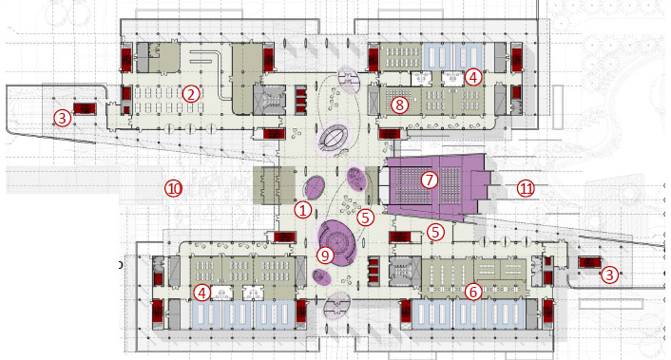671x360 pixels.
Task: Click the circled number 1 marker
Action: [303, 210]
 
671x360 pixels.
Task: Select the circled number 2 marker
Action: [191, 94]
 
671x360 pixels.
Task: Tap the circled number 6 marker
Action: [473, 292]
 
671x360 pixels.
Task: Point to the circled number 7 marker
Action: [430, 180]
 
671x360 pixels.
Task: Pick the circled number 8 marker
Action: [399, 104]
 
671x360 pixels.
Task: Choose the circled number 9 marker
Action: [325, 256]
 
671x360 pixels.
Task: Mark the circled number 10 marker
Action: [174, 189]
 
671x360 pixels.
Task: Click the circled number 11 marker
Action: [526, 189]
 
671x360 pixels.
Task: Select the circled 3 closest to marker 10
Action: [63, 118]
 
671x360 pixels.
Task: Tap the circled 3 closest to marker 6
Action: [609, 275]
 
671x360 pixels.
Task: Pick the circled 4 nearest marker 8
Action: [473, 77]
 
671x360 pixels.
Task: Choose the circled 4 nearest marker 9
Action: [202, 293]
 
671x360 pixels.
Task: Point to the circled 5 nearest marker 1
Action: [365, 218]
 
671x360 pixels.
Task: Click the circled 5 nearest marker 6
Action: [435, 232]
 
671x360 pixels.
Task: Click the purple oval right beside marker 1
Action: [315, 187]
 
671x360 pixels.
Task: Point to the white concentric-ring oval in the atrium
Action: [334, 137]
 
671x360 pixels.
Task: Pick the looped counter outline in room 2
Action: [219, 76]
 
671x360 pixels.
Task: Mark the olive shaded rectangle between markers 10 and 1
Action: [274, 185]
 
